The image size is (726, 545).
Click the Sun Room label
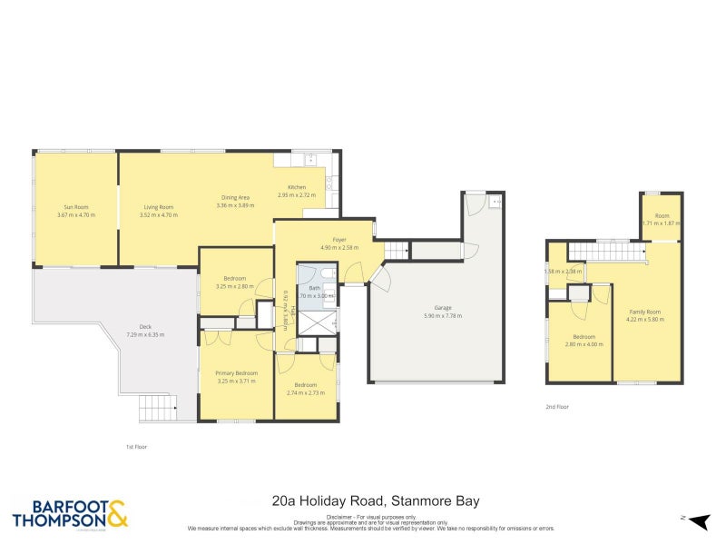75,208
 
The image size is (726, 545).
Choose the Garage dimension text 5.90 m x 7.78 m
442,315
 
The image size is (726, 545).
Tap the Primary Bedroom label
236,373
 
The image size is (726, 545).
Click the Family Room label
645,312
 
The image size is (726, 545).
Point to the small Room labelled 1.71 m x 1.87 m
662,216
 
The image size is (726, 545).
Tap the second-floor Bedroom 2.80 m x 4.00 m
584,337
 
